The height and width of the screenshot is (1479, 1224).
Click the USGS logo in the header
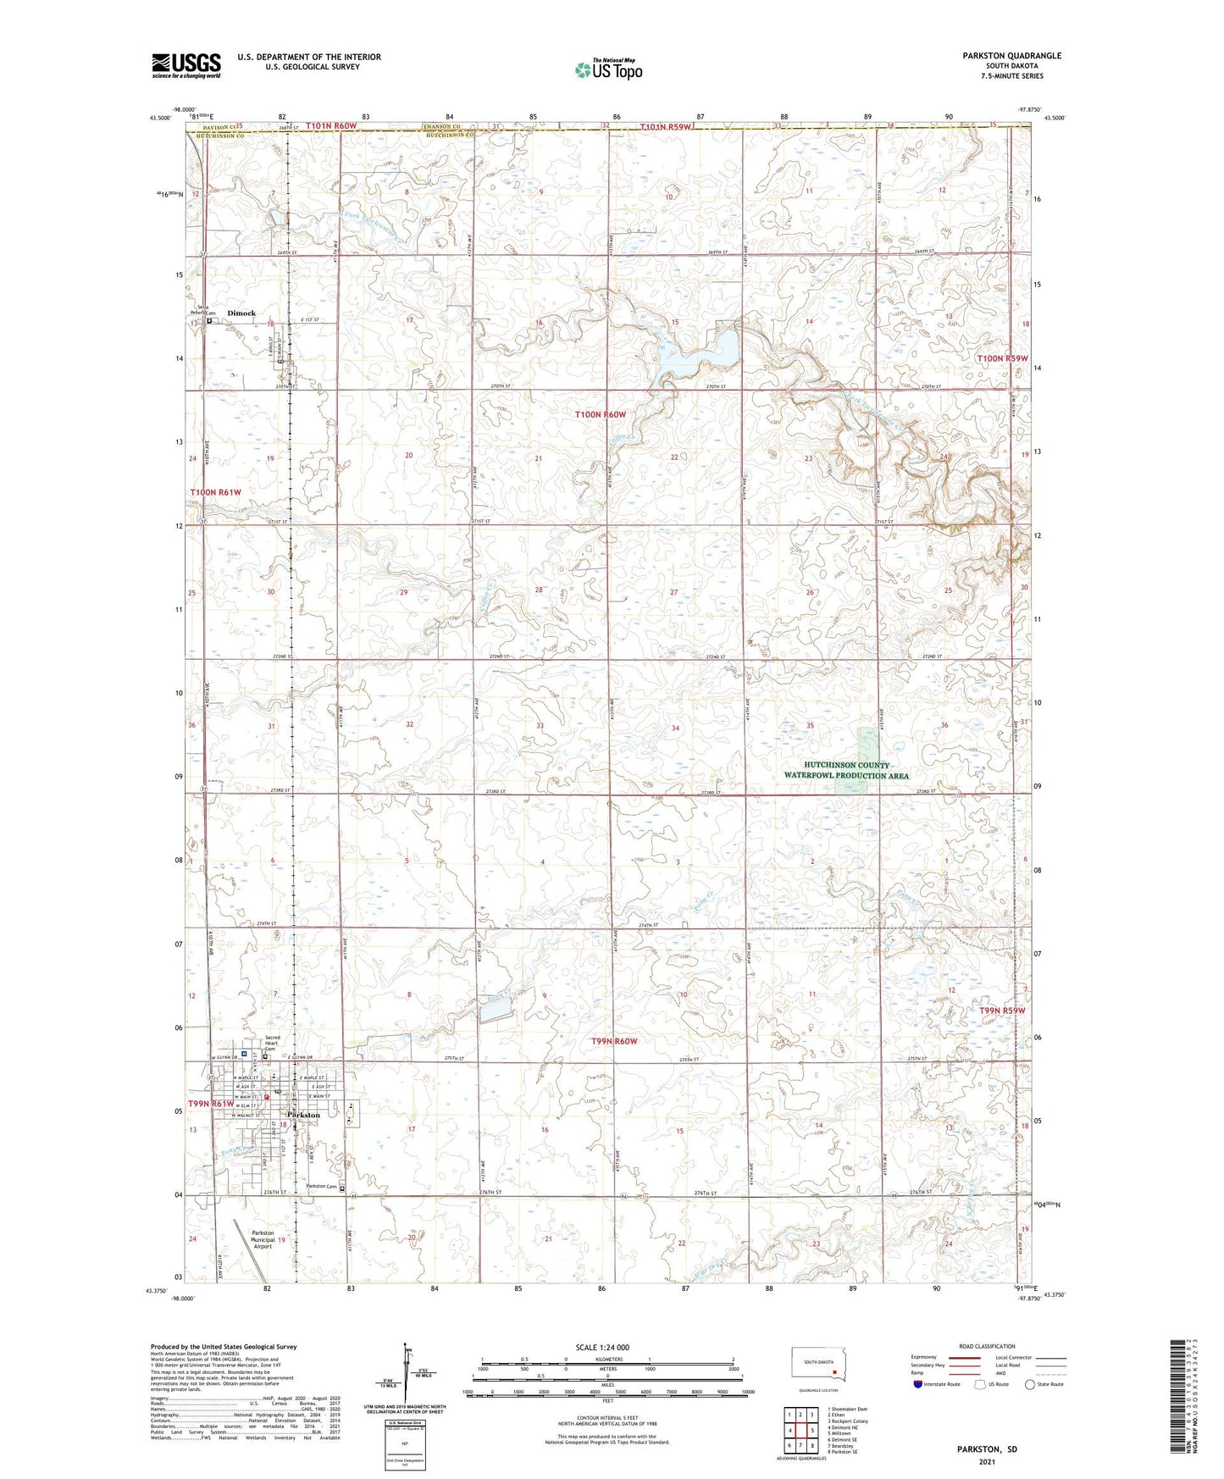(186, 65)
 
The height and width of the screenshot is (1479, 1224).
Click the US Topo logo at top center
(607, 69)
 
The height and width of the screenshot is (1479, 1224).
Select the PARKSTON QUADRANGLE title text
(1011, 56)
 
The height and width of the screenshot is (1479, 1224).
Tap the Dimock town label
(241, 313)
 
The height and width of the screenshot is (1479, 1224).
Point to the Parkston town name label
(304, 1116)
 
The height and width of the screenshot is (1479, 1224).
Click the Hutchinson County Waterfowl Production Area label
(845, 770)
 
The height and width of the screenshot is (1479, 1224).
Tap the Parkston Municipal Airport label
(263, 1239)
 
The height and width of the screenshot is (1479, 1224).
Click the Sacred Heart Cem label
(272, 1042)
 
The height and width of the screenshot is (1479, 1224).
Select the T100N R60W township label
(600, 414)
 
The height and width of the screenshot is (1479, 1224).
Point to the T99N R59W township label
(1002, 1011)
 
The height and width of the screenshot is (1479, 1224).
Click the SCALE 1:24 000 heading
(602, 1347)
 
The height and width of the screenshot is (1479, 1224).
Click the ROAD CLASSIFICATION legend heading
(986, 1346)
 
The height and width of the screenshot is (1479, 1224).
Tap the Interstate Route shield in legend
(918, 1384)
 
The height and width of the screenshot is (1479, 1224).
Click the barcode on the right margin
(1183, 1406)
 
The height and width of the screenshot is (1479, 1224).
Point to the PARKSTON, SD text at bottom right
(987, 1449)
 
